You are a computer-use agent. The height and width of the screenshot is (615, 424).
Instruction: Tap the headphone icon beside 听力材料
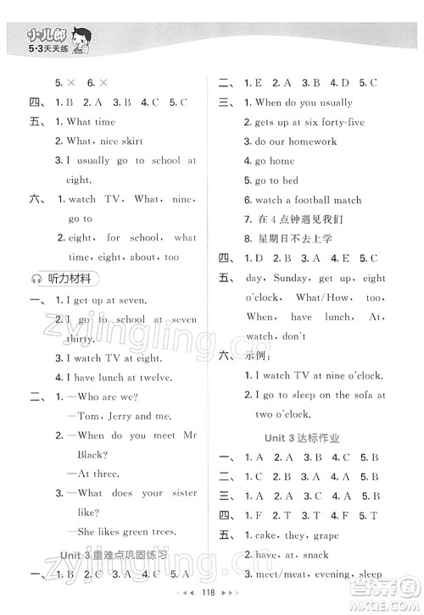pyautogui.click(x=36, y=278)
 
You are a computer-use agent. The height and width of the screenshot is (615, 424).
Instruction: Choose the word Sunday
pyautogui.click(x=290, y=278)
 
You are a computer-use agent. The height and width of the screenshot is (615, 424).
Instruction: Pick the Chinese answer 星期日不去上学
pyautogui.click(x=293, y=239)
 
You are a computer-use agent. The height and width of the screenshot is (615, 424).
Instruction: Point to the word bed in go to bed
pyautogui.click(x=290, y=180)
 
